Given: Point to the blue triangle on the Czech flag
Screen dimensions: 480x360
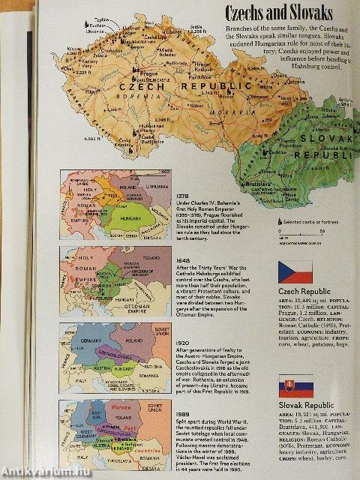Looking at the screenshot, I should tap(284, 269).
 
